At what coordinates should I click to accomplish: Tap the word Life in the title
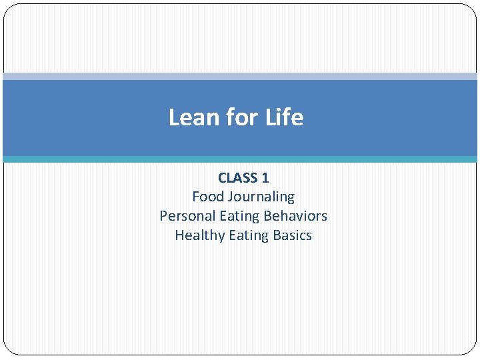[x=285, y=117]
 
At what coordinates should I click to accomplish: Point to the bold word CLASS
[x=238, y=178]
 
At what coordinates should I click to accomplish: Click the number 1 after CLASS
[x=265, y=178]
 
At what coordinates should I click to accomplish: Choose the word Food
[x=208, y=197]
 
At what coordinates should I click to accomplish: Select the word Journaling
[x=261, y=197]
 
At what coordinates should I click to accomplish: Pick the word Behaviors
[x=295, y=216]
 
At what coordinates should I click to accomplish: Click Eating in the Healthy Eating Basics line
[x=247, y=236]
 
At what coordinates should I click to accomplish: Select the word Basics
[x=291, y=235]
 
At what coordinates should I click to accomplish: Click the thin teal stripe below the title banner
[x=240, y=159]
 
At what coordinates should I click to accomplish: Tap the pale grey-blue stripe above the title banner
[x=240, y=77]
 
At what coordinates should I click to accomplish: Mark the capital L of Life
[x=271, y=117]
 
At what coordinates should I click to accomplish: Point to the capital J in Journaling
[x=230, y=197]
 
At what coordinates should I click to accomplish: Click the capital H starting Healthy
[x=179, y=235]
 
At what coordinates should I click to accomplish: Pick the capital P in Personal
[x=163, y=216]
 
